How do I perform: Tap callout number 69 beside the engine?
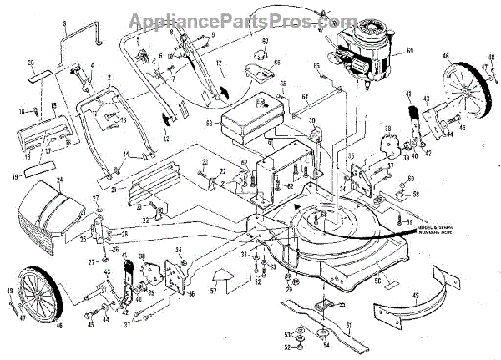[x=409, y=52]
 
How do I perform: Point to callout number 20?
[x=30, y=63]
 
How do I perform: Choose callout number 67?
[x=265, y=42]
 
